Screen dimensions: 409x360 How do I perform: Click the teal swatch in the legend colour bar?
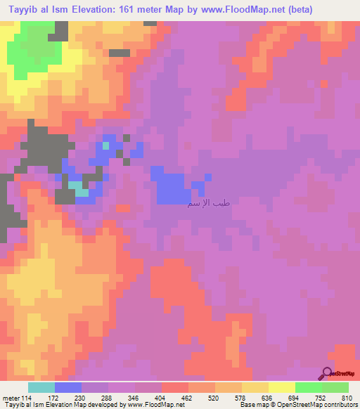click(41, 387)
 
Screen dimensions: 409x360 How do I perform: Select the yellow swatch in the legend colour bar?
click(255, 387)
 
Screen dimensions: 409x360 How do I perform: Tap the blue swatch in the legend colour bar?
click(68, 387)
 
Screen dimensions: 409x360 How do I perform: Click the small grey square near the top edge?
click(120, 52)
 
